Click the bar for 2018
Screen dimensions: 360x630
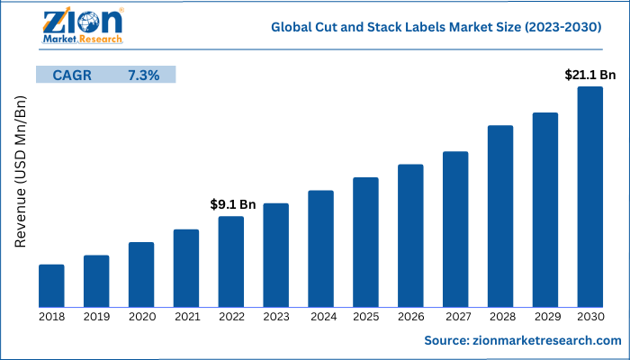(x=51, y=285)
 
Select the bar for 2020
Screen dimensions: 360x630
(x=141, y=274)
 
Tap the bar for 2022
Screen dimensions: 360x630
(x=230, y=261)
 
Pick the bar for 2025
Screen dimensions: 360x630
(x=365, y=242)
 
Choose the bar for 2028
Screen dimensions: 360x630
(x=500, y=216)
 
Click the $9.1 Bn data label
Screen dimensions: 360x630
(x=233, y=204)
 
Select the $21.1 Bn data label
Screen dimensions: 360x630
(x=589, y=74)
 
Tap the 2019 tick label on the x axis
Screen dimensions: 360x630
(x=96, y=316)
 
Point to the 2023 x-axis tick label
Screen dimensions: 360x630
(x=275, y=316)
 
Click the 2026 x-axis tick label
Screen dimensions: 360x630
(x=410, y=316)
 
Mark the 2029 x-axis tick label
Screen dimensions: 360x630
(x=545, y=316)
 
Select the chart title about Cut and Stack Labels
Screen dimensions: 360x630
(x=436, y=28)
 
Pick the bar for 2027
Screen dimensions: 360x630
(x=455, y=229)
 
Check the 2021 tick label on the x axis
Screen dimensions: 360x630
(x=186, y=316)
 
